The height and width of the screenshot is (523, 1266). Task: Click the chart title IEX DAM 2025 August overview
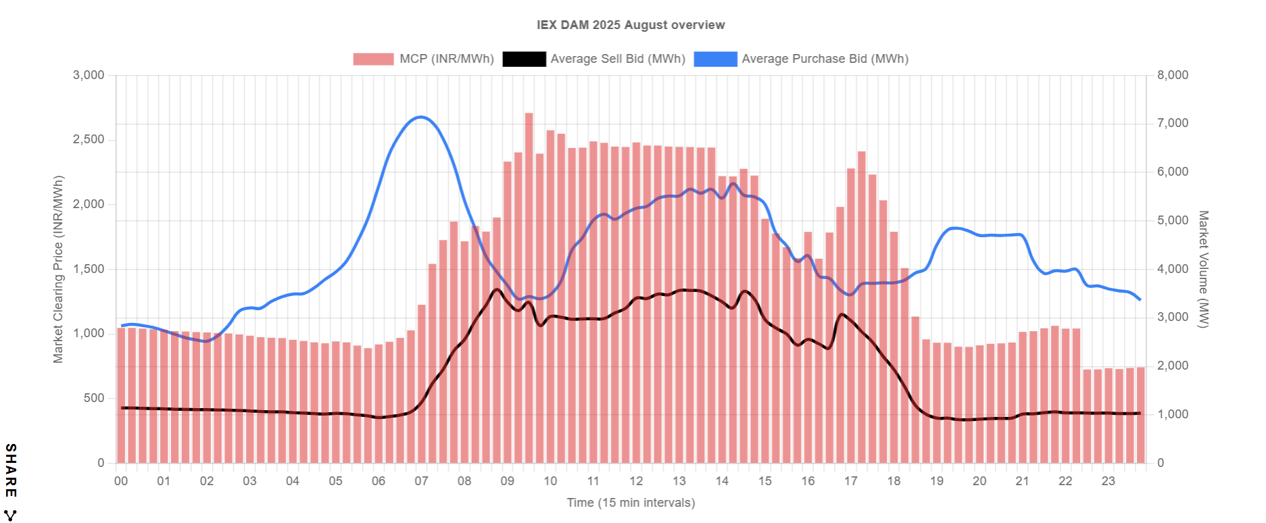[x=630, y=25]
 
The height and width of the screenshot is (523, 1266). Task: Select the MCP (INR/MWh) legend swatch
[x=373, y=59]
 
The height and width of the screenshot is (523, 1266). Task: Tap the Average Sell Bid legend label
[x=617, y=59]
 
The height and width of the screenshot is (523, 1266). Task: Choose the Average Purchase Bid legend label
[x=825, y=59]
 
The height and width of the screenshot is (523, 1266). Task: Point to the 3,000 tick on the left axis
[x=89, y=75]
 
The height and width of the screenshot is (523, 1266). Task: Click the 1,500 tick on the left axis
[x=89, y=269]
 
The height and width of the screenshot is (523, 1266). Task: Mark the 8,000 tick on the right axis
[x=1173, y=75]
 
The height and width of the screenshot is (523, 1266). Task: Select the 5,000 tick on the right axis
[x=1173, y=220]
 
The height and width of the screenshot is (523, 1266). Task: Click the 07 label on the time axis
[x=421, y=481]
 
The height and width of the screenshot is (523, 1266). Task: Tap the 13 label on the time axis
[x=679, y=481]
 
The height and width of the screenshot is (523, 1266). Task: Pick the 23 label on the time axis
[x=1109, y=481]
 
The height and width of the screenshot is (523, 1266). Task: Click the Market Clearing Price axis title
[x=58, y=269]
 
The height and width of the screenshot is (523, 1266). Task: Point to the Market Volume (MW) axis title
[x=1203, y=269]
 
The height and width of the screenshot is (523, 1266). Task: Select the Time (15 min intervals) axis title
[x=630, y=503]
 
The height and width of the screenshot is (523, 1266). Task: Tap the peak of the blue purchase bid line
[x=421, y=117]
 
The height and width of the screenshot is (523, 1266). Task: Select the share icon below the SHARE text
[x=11, y=515]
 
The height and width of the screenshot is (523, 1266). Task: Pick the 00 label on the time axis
[x=121, y=481]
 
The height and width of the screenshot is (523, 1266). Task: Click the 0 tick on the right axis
[x=1161, y=463]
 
